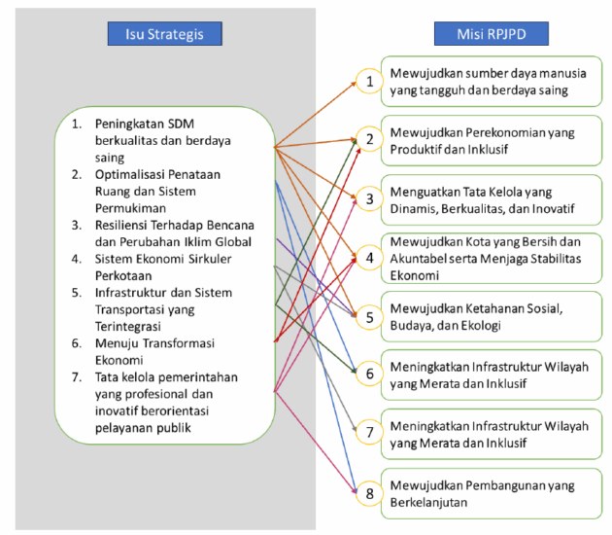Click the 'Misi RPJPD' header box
[x=491, y=35]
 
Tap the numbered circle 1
[x=368, y=81]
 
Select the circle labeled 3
[x=368, y=198]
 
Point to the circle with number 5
[x=368, y=316]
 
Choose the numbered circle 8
[x=368, y=492]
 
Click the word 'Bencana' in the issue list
[x=227, y=224]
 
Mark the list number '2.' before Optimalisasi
[x=77, y=174]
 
